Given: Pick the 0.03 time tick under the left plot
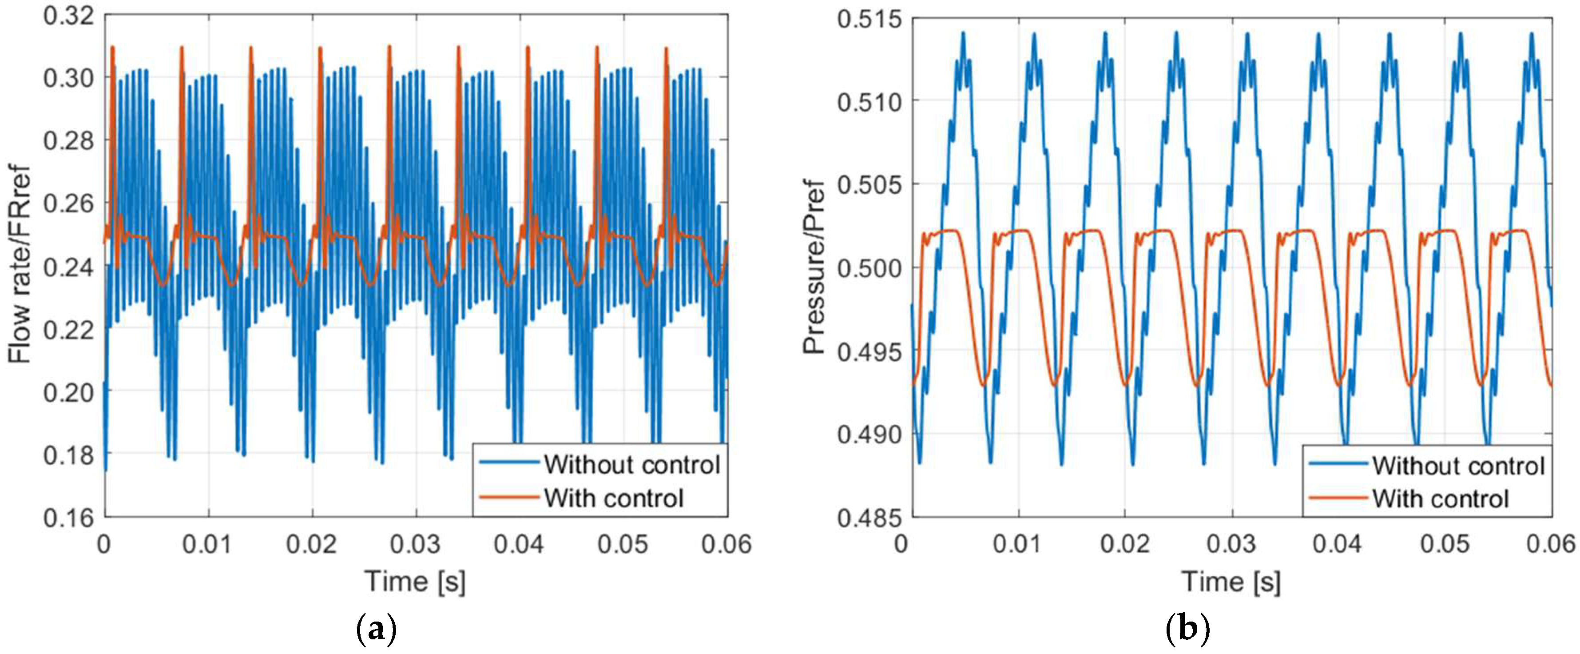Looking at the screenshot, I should coord(416,544).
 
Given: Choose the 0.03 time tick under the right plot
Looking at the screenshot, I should coord(1231,544).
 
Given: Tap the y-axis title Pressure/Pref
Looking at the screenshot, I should coord(814,267).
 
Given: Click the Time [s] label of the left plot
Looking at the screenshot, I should coord(415,581).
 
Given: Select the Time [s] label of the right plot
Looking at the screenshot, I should coord(1231,581).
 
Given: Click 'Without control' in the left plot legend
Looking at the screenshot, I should coord(632,464).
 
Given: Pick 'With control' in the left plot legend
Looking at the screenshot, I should coord(613,498).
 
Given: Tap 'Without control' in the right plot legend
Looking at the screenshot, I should coord(1458,466).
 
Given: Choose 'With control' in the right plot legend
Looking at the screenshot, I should coord(1440,498).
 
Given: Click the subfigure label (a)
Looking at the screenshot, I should coord(376,630).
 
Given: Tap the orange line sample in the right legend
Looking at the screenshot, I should coord(1338,498).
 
